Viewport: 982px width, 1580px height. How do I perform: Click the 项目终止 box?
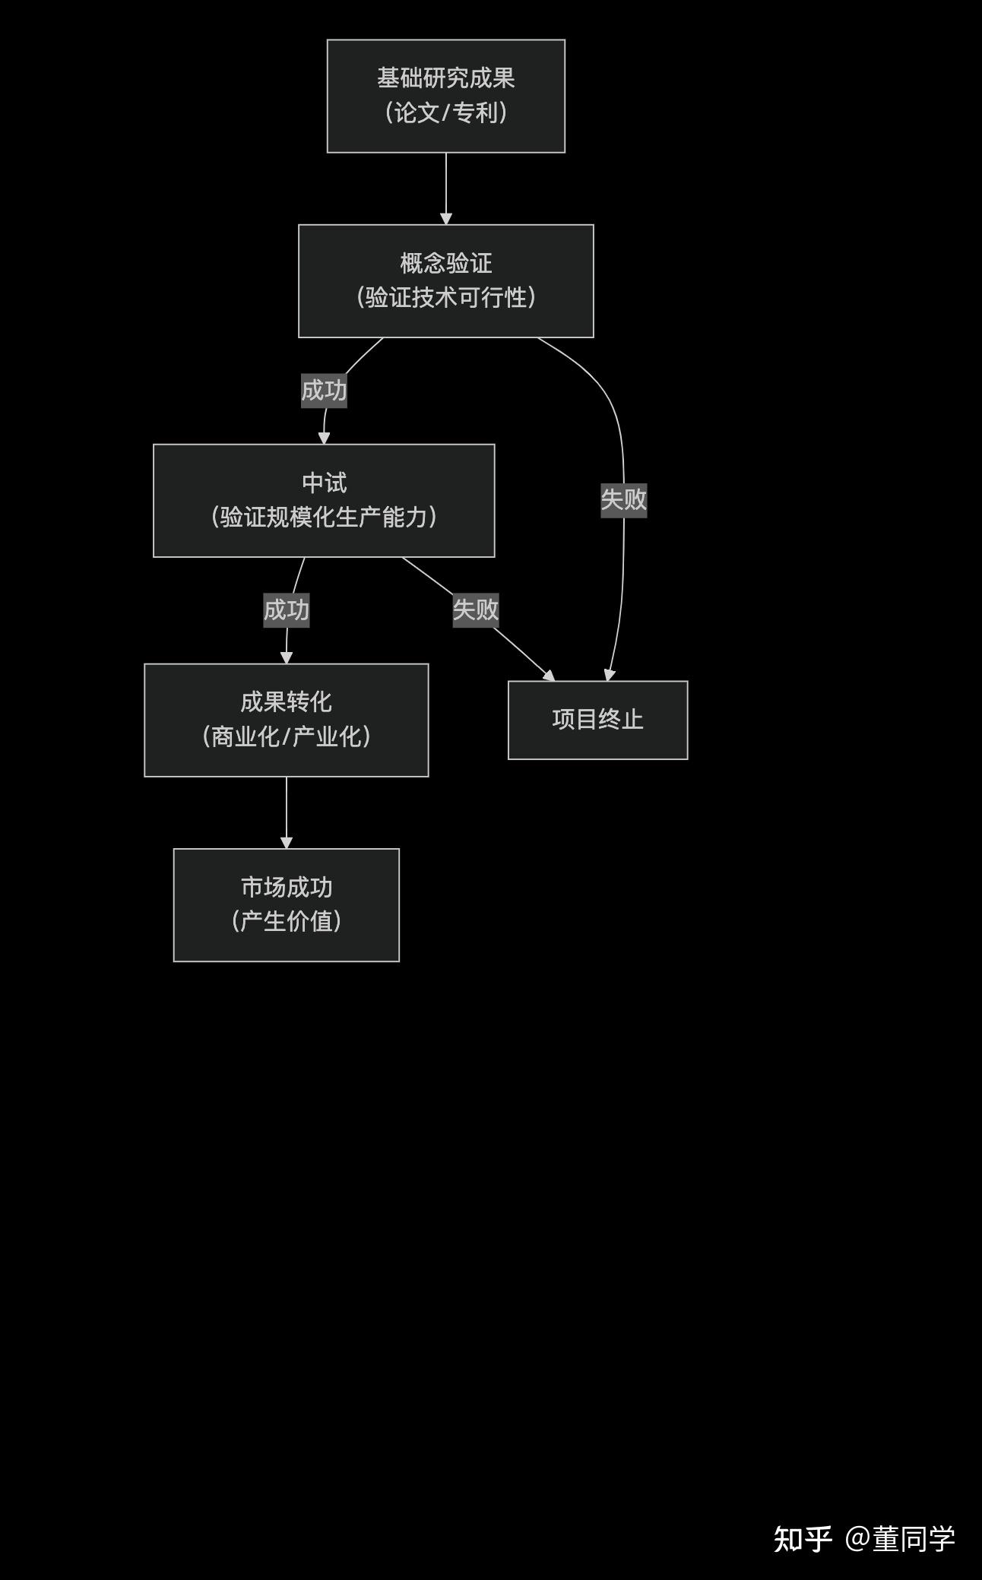click(597, 720)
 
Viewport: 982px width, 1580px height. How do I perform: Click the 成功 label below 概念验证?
click(324, 391)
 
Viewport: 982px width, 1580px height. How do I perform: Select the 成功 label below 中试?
click(286, 610)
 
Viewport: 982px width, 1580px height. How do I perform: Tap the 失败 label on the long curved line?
click(623, 499)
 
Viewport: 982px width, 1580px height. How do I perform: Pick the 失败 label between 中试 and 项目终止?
click(475, 610)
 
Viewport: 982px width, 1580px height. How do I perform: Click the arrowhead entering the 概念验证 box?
click(446, 219)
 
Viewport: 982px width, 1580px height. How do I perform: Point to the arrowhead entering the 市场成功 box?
click(287, 843)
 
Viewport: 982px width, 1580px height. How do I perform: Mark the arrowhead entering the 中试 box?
click(324, 439)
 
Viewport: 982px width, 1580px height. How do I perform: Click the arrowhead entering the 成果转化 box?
click(287, 658)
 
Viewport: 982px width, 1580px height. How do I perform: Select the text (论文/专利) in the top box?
click(445, 112)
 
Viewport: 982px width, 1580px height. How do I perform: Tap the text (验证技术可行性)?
click(445, 297)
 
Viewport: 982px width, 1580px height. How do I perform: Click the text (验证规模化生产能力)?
click(324, 517)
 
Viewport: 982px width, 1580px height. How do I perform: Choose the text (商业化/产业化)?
click(286, 736)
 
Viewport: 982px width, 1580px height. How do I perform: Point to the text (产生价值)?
click(286, 921)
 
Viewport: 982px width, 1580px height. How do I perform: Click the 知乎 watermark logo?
click(802, 1539)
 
